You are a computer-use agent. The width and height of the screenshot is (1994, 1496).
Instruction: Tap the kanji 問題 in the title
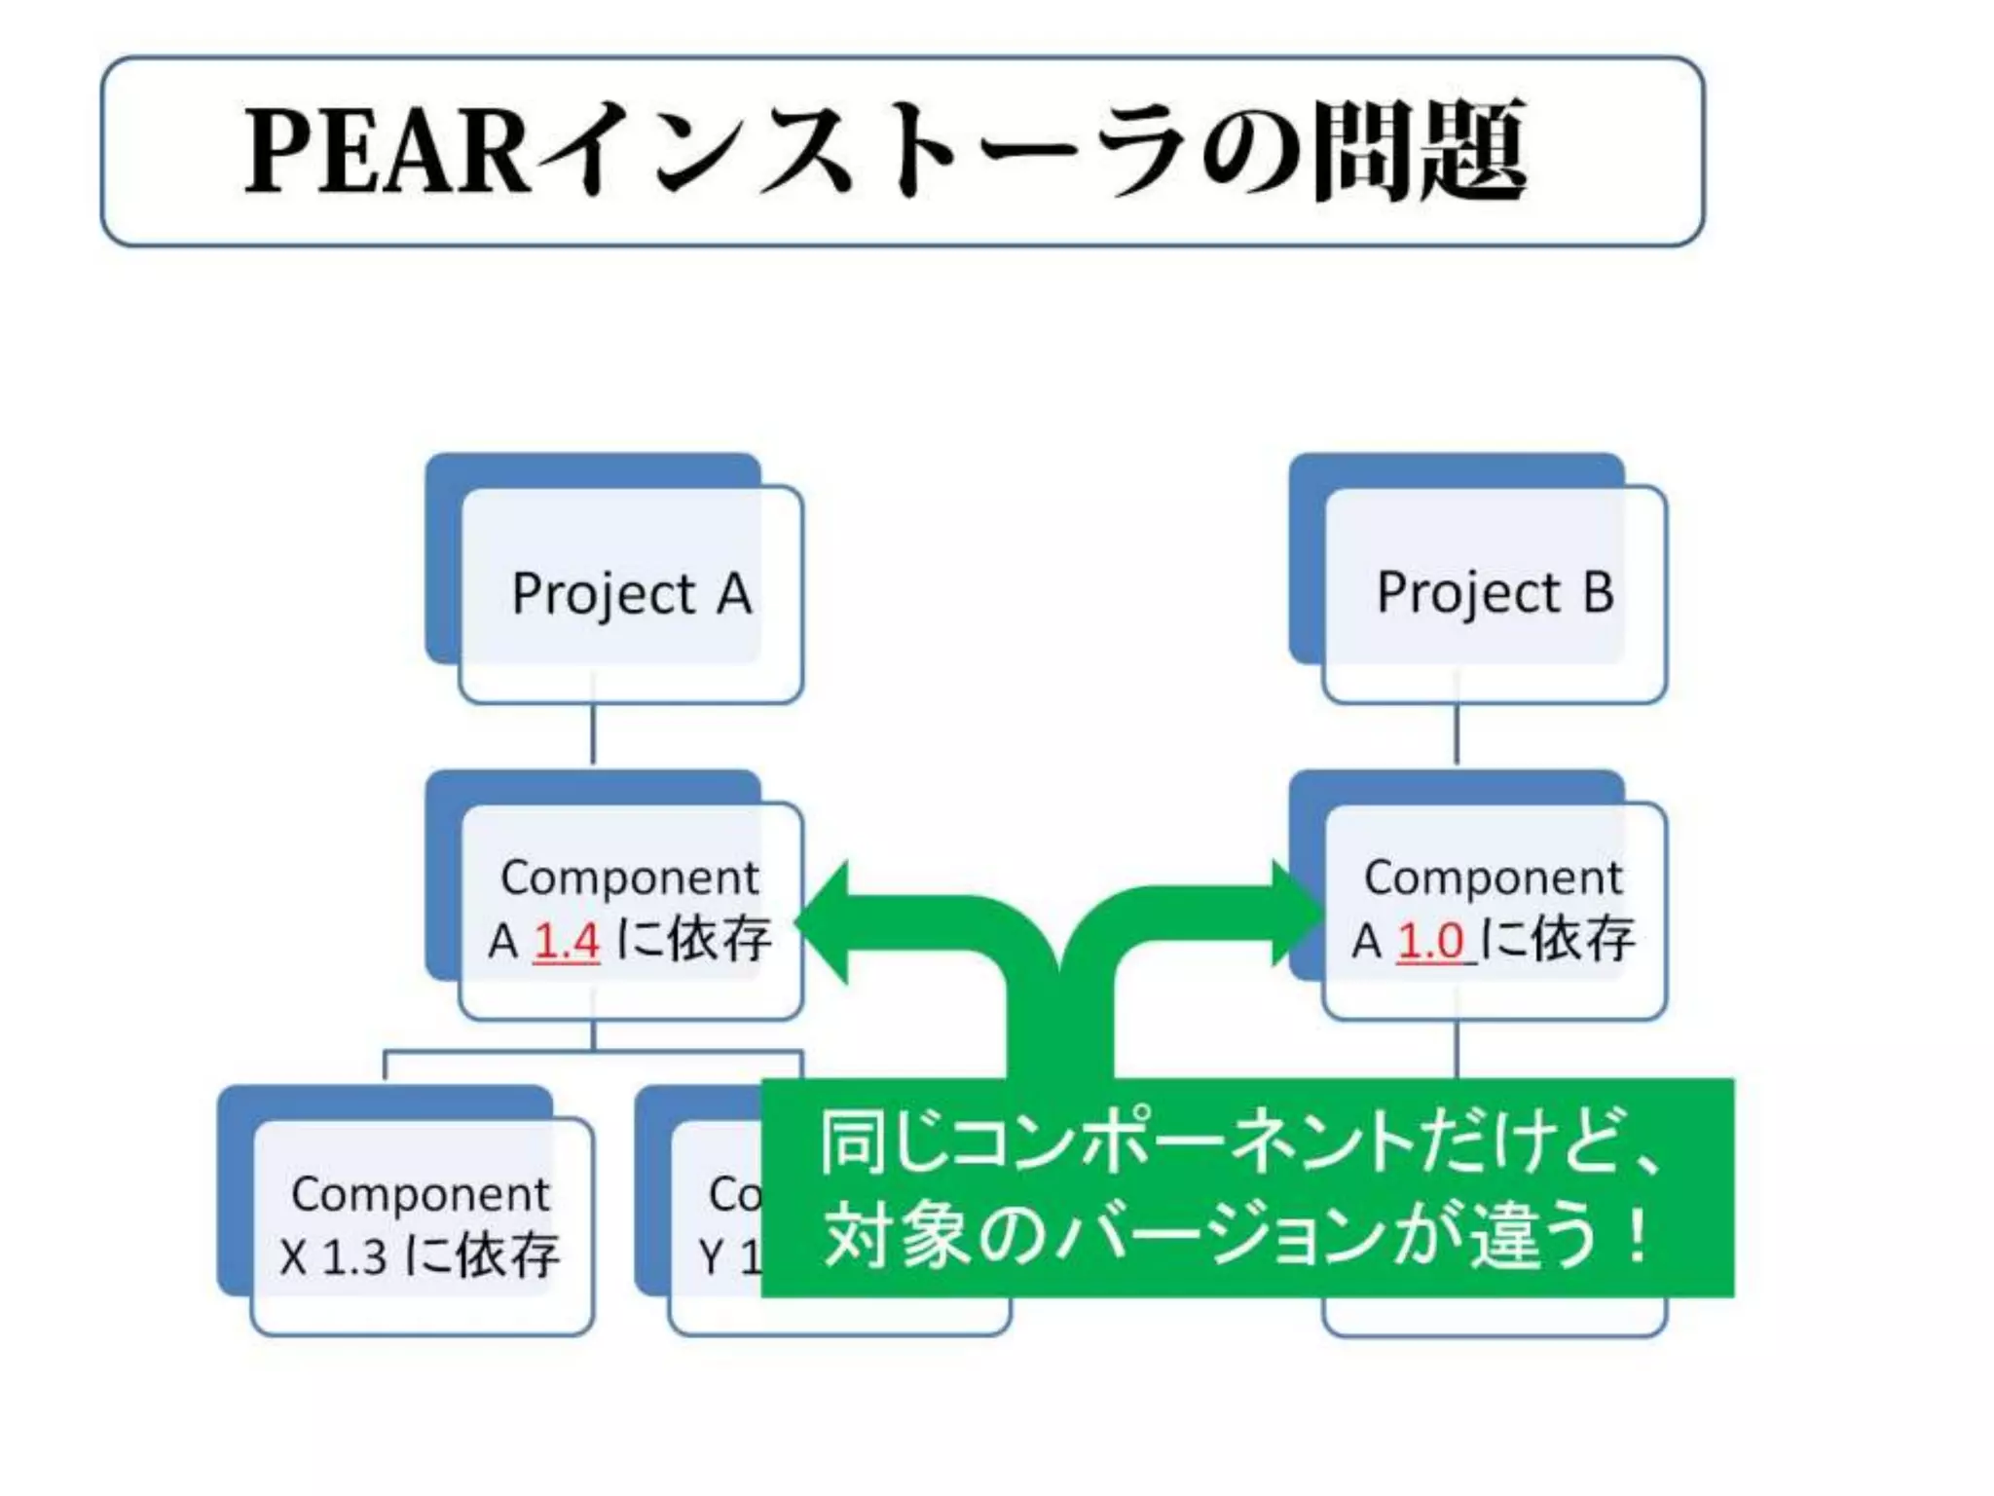click(x=1419, y=151)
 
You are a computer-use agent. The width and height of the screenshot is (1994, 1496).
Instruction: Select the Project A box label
click(x=632, y=593)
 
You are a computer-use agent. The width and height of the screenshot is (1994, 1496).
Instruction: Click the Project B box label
click(x=1495, y=592)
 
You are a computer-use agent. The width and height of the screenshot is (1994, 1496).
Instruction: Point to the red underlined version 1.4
click(x=567, y=941)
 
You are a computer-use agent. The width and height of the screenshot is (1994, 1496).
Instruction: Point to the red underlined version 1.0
click(x=1431, y=941)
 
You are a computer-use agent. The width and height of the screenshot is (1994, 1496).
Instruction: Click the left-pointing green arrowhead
click(x=826, y=921)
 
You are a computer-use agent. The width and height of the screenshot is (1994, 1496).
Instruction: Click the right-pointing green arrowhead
click(x=1295, y=914)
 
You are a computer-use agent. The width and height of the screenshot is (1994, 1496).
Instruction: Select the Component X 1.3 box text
click(x=421, y=1224)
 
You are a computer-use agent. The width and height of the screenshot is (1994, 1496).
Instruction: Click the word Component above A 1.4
click(x=629, y=878)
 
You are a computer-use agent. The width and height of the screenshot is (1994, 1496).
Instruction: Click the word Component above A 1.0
click(x=1493, y=878)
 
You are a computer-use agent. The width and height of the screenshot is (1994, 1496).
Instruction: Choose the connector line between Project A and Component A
click(x=593, y=735)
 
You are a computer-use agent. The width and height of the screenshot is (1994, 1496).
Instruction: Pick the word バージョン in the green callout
click(x=1222, y=1236)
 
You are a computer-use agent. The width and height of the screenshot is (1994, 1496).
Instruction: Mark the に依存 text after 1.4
click(x=694, y=939)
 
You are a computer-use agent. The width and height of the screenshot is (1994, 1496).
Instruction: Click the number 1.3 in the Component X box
click(x=354, y=1256)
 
